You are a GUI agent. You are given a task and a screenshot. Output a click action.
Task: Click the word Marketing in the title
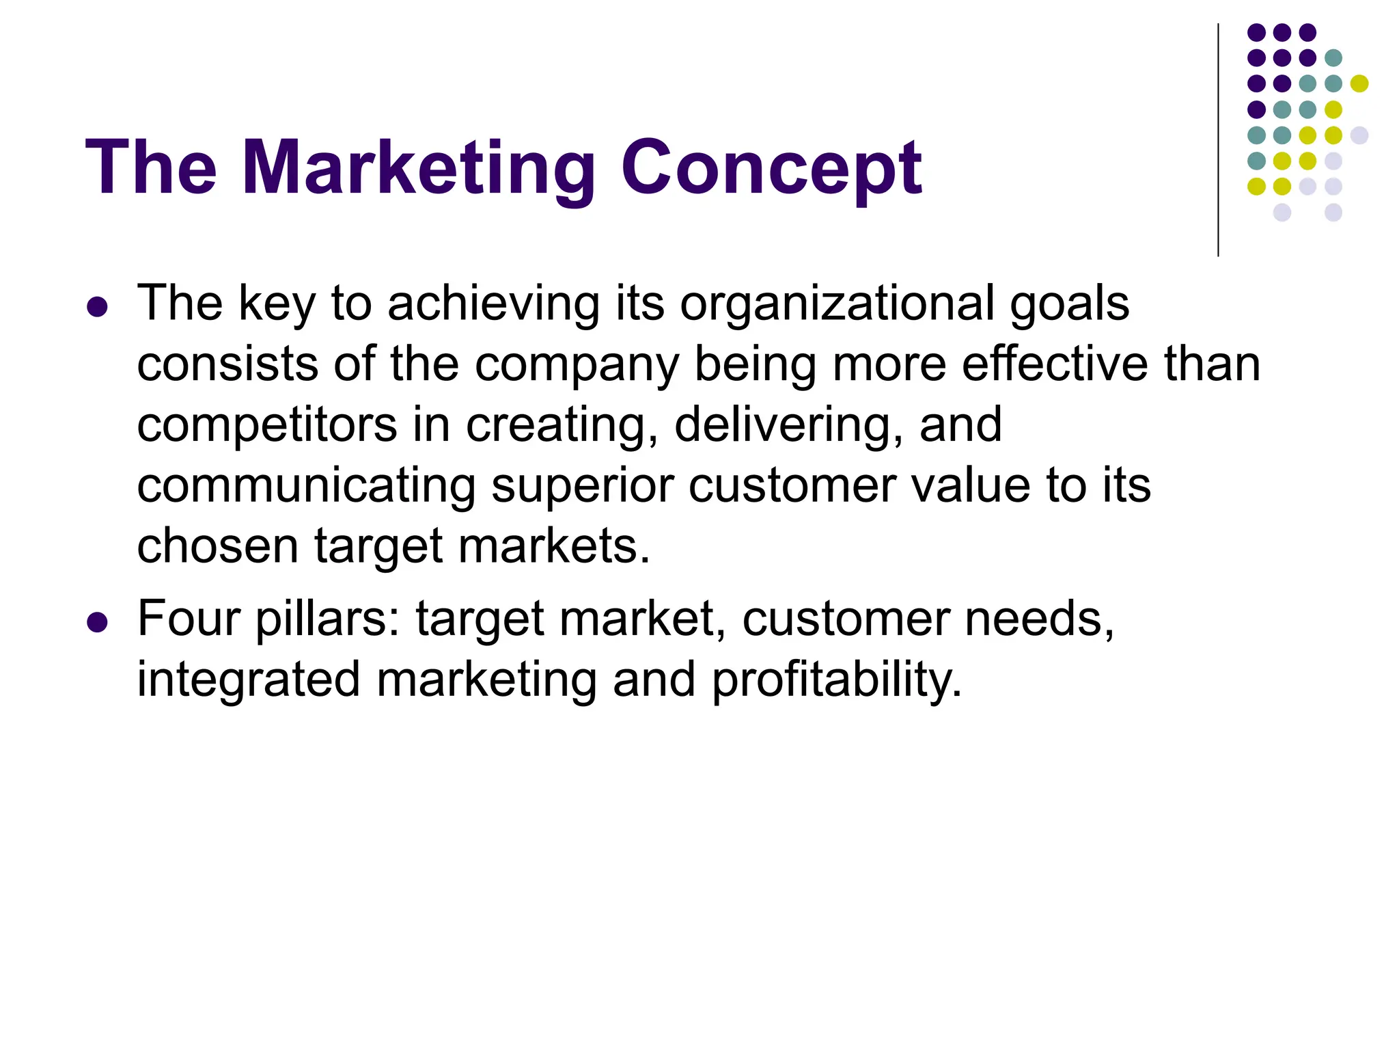click(418, 167)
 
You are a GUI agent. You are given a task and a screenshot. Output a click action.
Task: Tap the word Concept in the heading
click(771, 167)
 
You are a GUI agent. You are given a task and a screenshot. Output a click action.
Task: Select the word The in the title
click(151, 167)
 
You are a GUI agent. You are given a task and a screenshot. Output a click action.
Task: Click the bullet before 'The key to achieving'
click(98, 307)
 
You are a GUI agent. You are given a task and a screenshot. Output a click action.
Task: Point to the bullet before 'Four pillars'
click(98, 623)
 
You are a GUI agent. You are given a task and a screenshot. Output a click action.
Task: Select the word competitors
click(266, 425)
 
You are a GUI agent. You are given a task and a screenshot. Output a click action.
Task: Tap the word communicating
click(305, 485)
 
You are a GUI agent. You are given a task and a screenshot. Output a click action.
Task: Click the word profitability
click(837, 680)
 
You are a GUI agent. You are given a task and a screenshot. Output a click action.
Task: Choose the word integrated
click(248, 680)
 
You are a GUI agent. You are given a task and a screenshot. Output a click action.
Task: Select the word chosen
click(217, 546)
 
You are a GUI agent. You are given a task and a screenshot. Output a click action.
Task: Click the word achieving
click(494, 304)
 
